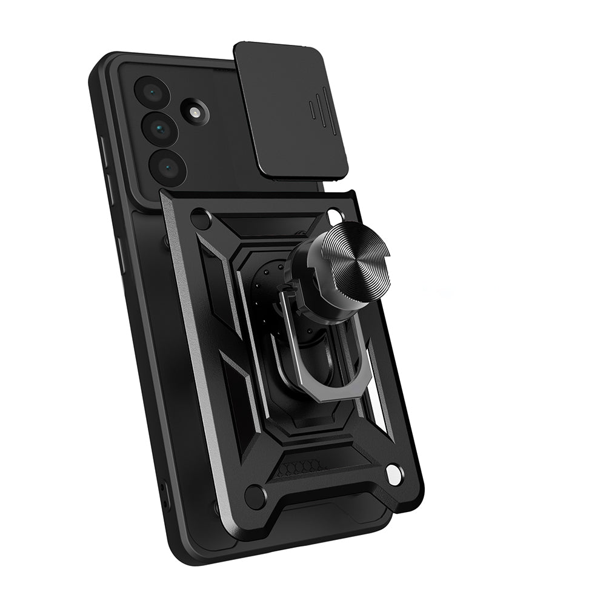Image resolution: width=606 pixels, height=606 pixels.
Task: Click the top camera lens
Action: click(150, 92)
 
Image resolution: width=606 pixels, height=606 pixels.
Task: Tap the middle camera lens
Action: click(159, 128)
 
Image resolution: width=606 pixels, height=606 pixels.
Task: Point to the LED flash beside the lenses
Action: click(195, 113)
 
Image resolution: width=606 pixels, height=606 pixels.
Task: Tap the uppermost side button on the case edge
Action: click(101, 151)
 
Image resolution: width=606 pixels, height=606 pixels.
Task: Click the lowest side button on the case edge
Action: click(121, 255)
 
